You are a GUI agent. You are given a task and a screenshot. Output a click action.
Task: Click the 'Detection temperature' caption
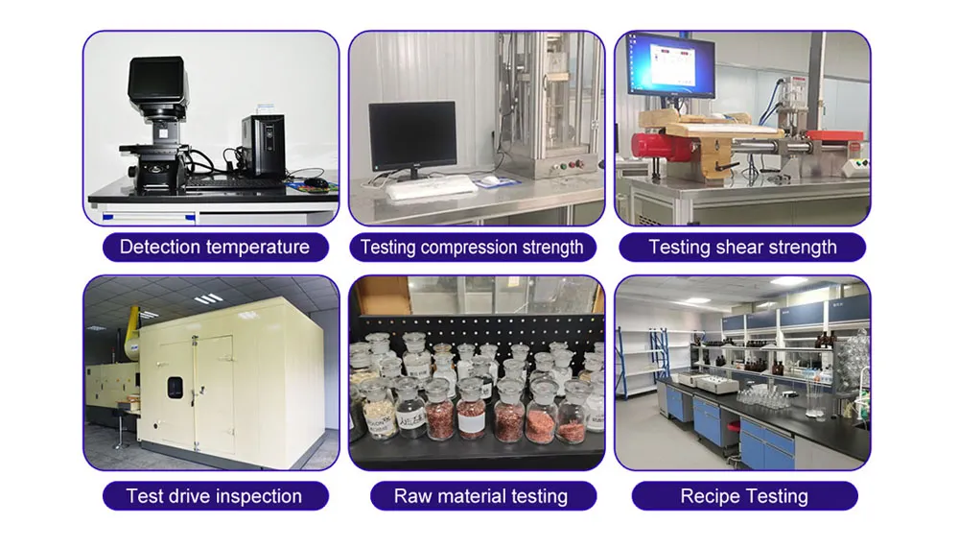215,247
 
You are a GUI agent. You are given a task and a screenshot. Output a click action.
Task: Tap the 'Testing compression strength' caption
471,247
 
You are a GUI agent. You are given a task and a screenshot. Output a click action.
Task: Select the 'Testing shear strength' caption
742,247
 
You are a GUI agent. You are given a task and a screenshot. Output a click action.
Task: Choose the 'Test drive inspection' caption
214,496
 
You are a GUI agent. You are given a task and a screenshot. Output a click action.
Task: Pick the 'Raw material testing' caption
480,496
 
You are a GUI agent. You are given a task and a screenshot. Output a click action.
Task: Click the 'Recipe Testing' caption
744,496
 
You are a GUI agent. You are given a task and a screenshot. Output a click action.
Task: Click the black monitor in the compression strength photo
412,138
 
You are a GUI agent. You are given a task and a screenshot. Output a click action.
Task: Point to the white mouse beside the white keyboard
490,180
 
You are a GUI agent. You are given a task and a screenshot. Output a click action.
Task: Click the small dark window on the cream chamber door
175,388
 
